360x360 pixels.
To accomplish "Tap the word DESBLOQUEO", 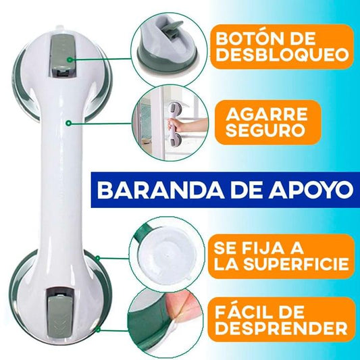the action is (x=282, y=55).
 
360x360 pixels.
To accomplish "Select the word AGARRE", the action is (x=267, y=114).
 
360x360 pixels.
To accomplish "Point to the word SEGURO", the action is (x=267, y=130).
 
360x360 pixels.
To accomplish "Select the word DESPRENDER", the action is (x=281, y=328).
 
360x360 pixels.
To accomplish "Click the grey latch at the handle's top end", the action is (x=62, y=56).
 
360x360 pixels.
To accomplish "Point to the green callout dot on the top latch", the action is (x=70, y=60).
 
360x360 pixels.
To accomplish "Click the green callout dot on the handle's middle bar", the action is (x=68, y=124).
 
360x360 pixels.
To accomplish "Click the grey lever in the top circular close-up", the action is (x=174, y=28).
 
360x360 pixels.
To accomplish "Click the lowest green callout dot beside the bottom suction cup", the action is (x=98, y=330).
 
